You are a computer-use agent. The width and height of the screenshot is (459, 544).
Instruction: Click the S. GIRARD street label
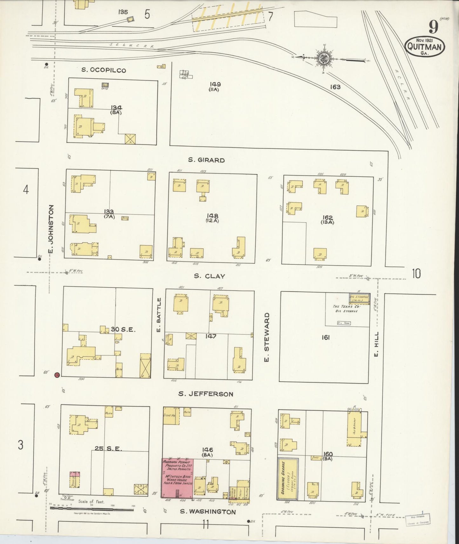pyautogui.click(x=206, y=160)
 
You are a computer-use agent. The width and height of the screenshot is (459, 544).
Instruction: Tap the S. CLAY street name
pyautogui.click(x=209, y=276)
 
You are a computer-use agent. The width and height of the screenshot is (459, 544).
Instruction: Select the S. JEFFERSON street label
pyautogui.click(x=206, y=394)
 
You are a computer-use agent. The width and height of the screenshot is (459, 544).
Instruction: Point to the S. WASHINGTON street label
pyautogui.click(x=208, y=511)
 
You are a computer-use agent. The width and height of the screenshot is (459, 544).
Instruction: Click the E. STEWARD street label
pyautogui.click(x=267, y=337)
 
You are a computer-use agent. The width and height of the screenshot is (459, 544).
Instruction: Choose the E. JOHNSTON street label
pyautogui.click(x=51, y=229)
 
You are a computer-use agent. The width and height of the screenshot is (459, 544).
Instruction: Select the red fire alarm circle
pyautogui.click(x=57, y=375)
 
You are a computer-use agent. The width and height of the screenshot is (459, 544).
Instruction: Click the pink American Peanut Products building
pyautogui.click(x=177, y=478)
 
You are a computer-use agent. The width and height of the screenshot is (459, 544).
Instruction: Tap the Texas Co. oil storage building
pyautogui.click(x=360, y=299)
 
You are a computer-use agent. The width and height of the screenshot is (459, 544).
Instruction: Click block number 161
pyautogui.click(x=325, y=337)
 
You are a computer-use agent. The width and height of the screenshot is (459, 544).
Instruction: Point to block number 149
pyautogui.click(x=215, y=84)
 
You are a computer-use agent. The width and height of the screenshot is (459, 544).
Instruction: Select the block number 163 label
pyautogui.click(x=335, y=87)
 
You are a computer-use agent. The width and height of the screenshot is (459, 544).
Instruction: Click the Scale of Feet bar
pyautogui.click(x=91, y=509)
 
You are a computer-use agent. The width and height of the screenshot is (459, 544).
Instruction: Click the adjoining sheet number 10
pyautogui.click(x=416, y=273)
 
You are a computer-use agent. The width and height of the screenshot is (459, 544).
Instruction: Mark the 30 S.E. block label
pyautogui.click(x=123, y=329)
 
